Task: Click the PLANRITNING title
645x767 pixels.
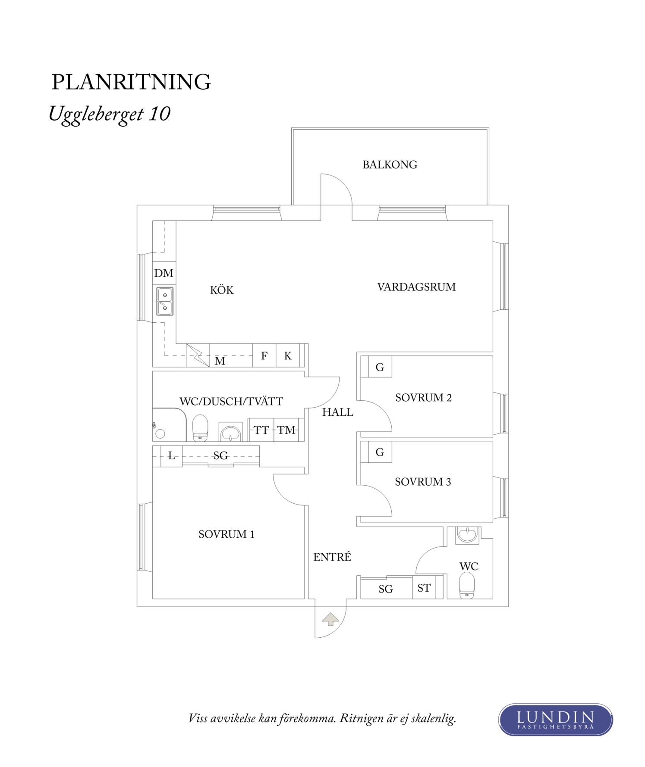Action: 131,82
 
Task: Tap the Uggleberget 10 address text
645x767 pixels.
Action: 110,114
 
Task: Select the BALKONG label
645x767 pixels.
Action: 390,165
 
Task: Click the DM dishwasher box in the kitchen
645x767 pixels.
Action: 164,273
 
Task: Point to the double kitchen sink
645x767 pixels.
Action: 165,301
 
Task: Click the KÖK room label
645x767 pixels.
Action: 222,290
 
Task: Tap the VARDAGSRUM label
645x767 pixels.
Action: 416,287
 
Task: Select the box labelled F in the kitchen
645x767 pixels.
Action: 264,355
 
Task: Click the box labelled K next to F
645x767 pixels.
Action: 288,355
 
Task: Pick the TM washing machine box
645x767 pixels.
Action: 286,430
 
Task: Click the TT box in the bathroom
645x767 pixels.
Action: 261,430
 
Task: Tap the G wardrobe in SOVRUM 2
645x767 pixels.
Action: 380,367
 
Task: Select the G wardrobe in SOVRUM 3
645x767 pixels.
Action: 380,452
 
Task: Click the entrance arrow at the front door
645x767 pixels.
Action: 330,619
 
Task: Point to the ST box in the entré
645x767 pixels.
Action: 424,588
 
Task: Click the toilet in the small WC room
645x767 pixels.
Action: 467,586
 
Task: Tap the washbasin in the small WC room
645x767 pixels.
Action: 467,535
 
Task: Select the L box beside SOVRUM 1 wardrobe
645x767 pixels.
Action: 171,455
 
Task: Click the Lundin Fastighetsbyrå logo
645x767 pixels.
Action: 555,719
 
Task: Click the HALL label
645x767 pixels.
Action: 337,412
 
